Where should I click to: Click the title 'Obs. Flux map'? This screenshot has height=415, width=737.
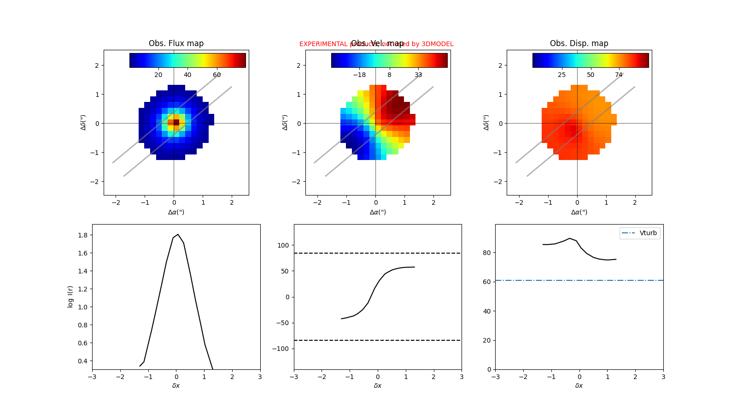(176, 43)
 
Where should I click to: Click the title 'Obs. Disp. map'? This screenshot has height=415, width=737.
(579, 43)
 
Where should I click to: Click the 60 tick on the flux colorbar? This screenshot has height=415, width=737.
(216, 75)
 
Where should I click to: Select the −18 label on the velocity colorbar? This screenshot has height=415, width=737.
(359, 75)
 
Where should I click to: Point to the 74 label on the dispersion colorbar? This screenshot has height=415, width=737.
(619, 75)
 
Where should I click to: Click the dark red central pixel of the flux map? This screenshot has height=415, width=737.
(176, 122)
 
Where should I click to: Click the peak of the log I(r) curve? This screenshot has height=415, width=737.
(178, 234)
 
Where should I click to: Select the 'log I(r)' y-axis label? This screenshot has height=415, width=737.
(70, 296)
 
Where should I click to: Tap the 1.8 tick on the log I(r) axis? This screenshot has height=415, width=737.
(83, 235)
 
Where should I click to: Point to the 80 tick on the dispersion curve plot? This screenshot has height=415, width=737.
(486, 253)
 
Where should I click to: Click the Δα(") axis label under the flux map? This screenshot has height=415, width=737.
(176, 212)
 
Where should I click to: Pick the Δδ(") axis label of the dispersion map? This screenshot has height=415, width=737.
(486, 122)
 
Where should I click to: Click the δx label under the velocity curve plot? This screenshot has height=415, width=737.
(378, 385)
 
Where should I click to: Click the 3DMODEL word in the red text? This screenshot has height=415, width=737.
(437, 44)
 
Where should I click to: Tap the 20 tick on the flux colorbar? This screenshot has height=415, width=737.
(158, 75)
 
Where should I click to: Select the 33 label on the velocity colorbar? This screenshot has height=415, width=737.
(418, 75)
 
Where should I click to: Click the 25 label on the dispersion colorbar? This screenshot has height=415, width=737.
(562, 75)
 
